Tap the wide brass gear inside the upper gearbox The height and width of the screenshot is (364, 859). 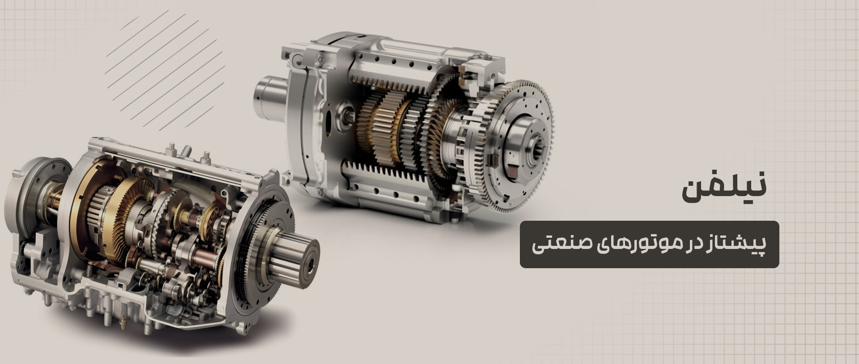click(x=385, y=130)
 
